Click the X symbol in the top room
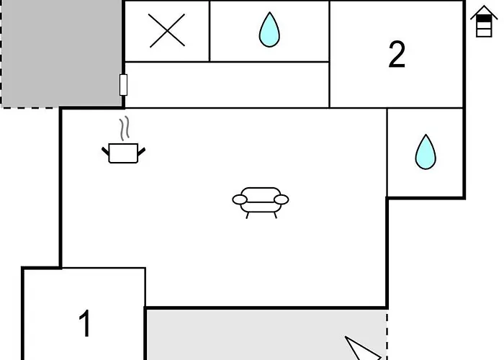pos(167,30)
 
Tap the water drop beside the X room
pos(269,30)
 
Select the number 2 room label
pos(397,54)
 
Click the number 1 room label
pos(85,323)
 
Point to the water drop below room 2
pos(426,152)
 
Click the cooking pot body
pos(123,153)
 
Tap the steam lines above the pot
pos(125,128)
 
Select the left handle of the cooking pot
pos(105,151)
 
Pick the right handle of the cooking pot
pos(142,151)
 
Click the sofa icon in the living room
pos(261,202)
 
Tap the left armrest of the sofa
pos(240,199)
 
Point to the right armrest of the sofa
pos(282,199)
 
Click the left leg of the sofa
pos(247,215)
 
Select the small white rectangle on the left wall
pos(123,85)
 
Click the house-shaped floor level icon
pos(484,22)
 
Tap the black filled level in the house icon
pos(484,19)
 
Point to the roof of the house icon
pos(484,13)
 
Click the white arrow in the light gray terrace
pos(363,348)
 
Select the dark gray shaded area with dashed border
pos(62,53)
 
